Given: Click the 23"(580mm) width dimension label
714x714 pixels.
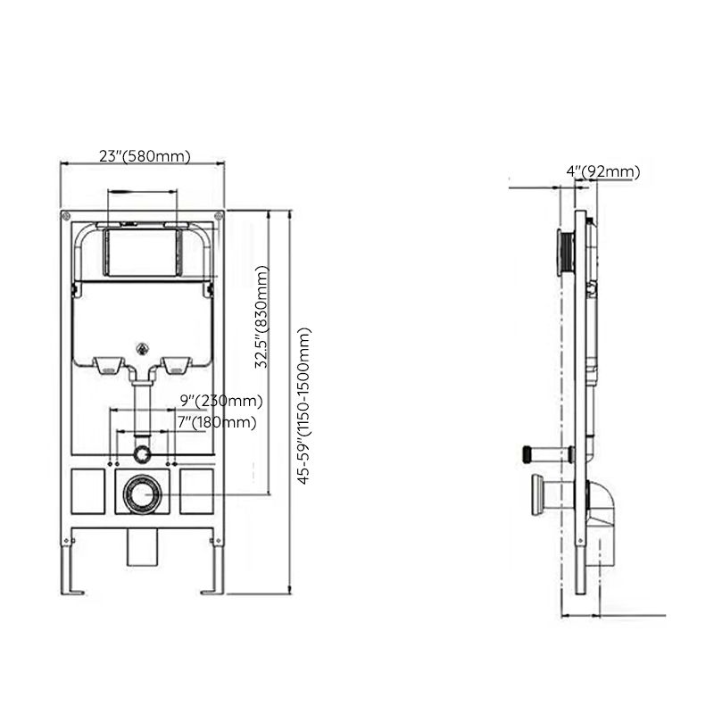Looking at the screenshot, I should coord(145,155).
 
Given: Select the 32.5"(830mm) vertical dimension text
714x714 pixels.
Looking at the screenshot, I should coord(262,320).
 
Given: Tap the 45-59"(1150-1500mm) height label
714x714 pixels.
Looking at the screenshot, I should coord(305,405).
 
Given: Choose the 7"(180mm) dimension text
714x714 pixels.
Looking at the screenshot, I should coord(217,422).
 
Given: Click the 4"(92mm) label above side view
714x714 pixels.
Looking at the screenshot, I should coord(602,171).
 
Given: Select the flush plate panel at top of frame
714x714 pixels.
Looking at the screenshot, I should coord(142,252).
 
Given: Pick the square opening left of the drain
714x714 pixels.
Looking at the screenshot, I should coord(89,492).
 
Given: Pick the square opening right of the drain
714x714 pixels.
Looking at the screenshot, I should coord(197,492).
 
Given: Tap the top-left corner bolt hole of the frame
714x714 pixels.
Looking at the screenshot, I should coord(66,216).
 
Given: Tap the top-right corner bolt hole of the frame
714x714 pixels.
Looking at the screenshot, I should coord(219,216).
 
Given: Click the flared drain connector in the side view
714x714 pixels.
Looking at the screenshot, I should coord(538,494).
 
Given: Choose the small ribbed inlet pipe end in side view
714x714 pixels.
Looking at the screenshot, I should coord(527,452).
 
